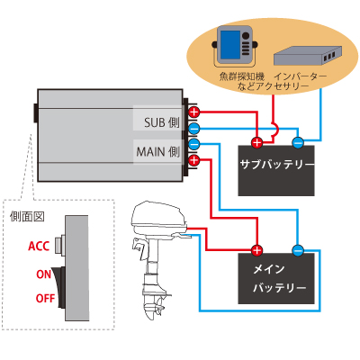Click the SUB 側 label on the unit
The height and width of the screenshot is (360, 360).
click(x=162, y=122)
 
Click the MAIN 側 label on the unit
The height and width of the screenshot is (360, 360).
click(x=158, y=151)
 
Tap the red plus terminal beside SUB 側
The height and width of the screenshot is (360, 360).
click(x=194, y=112)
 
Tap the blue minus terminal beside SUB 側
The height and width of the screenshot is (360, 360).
click(x=194, y=129)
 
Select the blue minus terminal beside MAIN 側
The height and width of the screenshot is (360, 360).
click(x=194, y=144)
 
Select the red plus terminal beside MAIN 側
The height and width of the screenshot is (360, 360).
click(x=194, y=160)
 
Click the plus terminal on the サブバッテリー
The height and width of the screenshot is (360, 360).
click(x=256, y=143)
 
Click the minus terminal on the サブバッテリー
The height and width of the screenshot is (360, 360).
click(x=298, y=143)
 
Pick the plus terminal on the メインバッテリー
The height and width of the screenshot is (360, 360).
click(x=256, y=250)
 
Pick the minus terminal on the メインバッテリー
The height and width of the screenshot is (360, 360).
click(x=298, y=250)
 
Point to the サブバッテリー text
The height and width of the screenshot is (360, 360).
click(x=277, y=165)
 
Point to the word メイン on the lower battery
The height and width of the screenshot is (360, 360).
click(x=269, y=269)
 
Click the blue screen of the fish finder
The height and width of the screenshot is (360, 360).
click(x=230, y=44)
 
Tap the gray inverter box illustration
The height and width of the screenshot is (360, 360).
click(x=308, y=56)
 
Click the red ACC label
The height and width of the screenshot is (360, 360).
click(x=39, y=247)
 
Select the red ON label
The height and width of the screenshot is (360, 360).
click(x=44, y=274)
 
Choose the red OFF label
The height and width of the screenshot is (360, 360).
click(x=45, y=299)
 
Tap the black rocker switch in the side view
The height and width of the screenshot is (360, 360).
click(x=58, y=287)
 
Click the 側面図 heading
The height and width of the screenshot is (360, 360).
click(x=27, y=216)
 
